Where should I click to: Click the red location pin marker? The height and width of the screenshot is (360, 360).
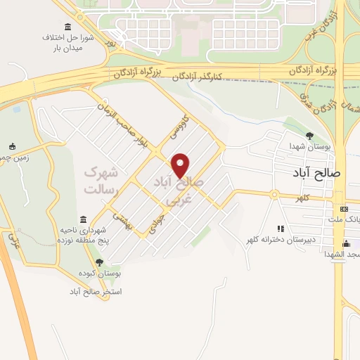point(181,165)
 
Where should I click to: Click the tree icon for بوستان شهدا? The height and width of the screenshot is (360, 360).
point(309,136)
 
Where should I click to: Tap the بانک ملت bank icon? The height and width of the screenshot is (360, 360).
point(343,209)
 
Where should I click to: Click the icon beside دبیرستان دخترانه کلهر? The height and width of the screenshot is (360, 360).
point(281,229)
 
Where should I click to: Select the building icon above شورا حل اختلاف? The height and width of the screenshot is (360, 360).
point(67,27)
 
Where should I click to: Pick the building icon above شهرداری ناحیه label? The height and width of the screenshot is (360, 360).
point(83,220)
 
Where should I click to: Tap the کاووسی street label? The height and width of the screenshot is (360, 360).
point(174,127)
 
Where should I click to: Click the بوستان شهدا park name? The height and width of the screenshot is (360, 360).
point(304,146)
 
